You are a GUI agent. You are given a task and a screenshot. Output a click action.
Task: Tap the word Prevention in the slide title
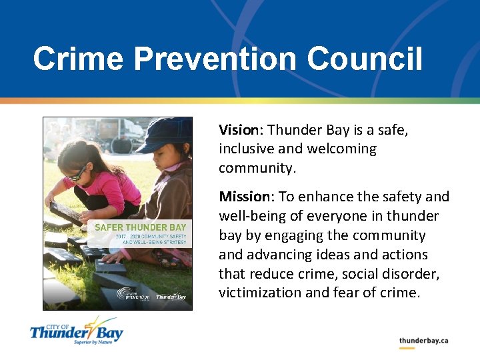pos(216,59)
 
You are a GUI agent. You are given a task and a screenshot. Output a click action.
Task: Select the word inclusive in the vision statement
pos(248,149)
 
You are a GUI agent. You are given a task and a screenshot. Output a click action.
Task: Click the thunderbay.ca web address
pos(423,341)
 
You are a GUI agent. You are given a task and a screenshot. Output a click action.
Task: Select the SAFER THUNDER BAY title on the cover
pos(140,227)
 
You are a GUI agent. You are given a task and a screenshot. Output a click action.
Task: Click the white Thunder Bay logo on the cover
pos(171,296)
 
